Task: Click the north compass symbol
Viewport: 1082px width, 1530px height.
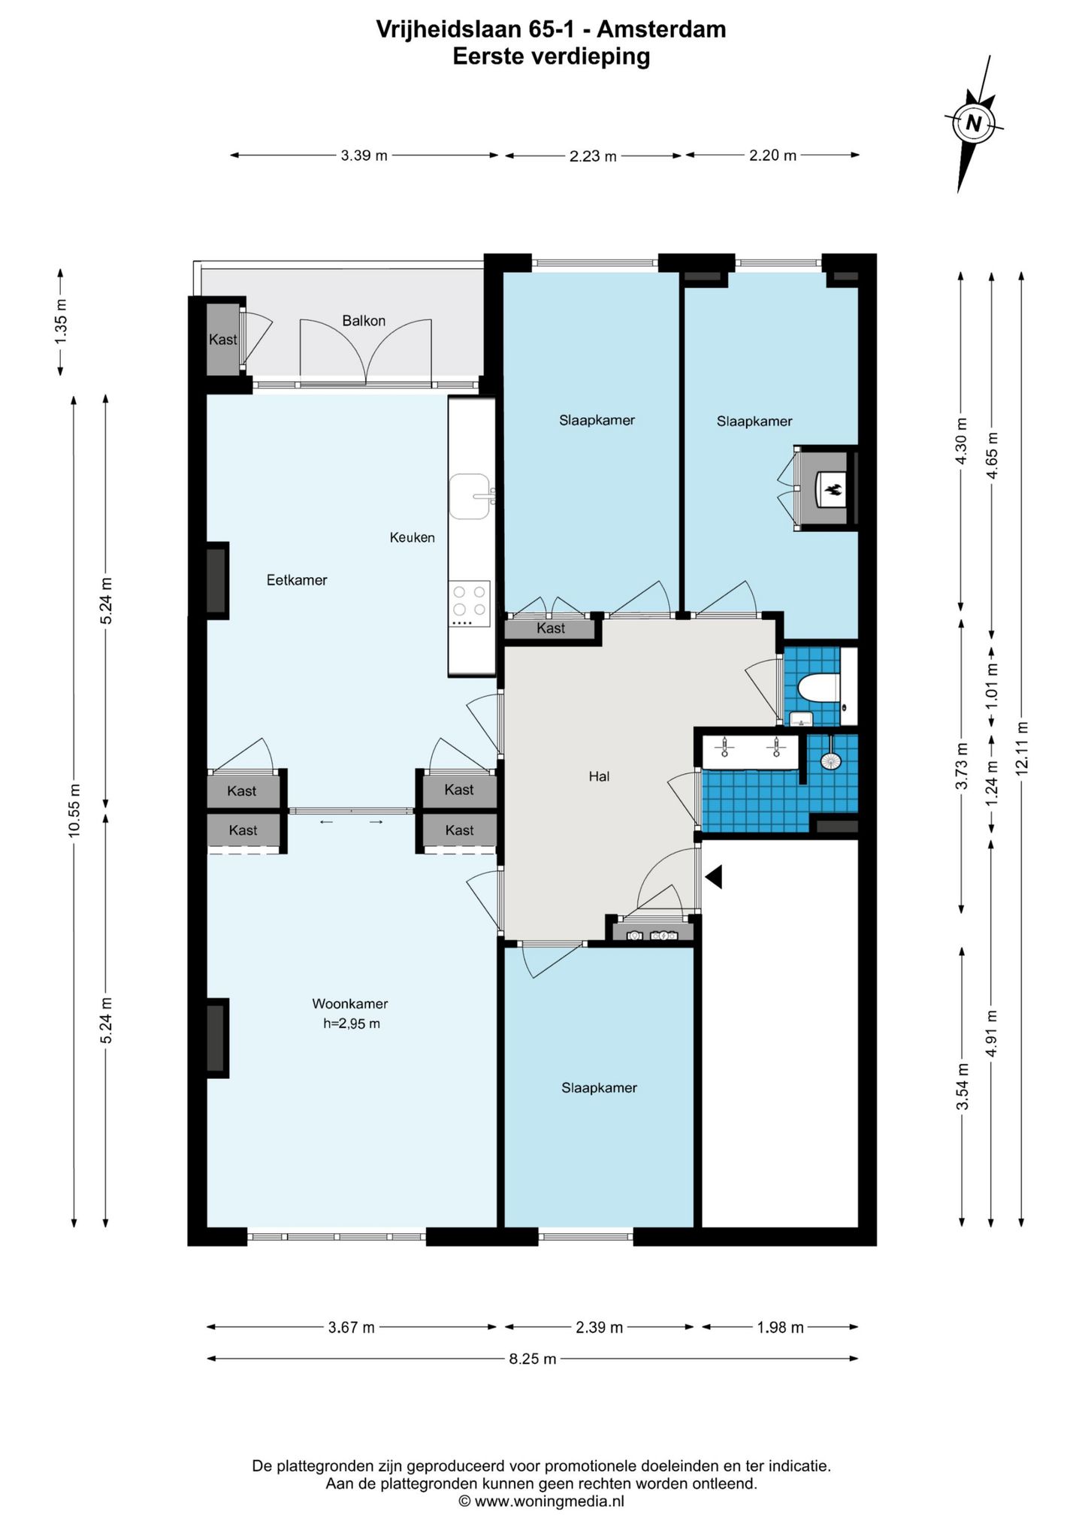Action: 974,123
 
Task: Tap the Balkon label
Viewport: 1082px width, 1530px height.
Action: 364,321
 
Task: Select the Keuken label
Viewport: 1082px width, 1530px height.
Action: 412,537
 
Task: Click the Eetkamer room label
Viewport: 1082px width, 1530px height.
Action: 297,580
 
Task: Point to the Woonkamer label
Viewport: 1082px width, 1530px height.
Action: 350,1004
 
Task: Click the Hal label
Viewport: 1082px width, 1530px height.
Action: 599,777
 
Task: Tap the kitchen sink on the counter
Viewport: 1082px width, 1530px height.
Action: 470,497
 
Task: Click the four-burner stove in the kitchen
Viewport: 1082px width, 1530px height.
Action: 470,604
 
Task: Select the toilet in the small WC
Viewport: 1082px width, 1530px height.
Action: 818,688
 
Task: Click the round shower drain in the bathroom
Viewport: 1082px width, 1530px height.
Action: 830,760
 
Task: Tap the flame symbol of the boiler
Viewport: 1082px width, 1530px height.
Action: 833,491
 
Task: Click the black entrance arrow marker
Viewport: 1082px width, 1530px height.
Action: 713,877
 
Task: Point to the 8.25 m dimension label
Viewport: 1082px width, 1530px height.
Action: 533,1359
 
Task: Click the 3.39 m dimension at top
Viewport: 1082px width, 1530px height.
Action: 364,156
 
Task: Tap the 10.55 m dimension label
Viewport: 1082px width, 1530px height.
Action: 74,809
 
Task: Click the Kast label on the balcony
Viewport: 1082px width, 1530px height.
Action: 222,340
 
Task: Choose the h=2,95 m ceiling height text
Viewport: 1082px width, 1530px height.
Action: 352,1024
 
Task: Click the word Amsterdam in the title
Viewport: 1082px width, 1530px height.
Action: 662,29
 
